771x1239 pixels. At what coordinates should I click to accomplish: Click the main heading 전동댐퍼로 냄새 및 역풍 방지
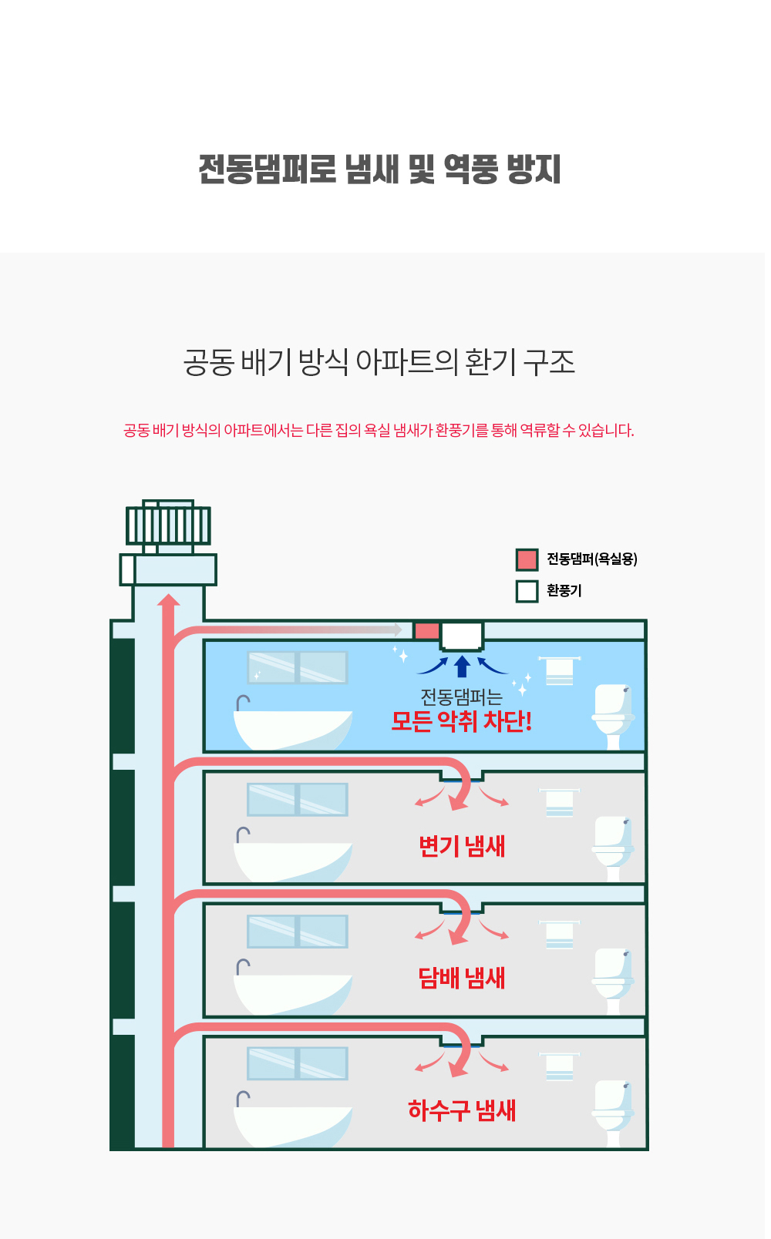[380, 170]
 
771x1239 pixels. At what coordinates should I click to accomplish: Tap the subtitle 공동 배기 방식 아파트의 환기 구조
[379, 362]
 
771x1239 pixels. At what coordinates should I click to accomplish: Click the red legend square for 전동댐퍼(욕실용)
[527, 559]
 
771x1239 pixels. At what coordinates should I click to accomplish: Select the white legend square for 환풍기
[527, 591]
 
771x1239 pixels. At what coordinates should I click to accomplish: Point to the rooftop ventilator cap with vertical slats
[168, 525]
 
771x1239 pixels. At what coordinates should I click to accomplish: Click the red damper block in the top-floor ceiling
[426, 631]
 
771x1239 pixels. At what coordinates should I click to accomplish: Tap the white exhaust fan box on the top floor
[462, 636]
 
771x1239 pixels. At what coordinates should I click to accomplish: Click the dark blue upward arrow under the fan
[462, 666]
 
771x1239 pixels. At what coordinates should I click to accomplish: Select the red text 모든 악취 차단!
[461, 721]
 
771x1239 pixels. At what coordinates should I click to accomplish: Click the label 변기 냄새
[462, 846]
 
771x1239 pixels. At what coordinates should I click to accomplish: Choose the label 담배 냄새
[462, 979]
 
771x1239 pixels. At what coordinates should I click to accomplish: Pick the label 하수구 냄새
[462, 1110]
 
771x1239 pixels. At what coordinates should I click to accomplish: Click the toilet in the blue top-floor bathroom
[613, 717]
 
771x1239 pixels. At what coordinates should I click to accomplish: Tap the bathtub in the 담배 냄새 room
[293, 994]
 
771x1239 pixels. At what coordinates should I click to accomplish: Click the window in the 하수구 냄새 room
[297, 1063]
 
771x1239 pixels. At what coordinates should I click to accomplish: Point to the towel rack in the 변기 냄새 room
[559, 803]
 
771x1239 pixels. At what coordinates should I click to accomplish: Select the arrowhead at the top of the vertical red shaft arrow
[168, 599]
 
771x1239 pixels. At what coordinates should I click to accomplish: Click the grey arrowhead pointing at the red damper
[398, 630]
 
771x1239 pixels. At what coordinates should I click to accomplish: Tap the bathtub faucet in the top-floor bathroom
[242, 703]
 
